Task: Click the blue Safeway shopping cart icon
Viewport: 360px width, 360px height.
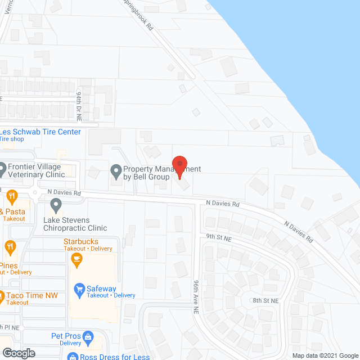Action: [79, 289]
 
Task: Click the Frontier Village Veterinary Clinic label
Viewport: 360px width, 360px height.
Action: [42, 170]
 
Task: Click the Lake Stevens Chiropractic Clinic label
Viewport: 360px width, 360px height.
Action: [75, 224]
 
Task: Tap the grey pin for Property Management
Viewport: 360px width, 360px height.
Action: [116, 169]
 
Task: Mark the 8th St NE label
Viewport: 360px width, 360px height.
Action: [265, 301]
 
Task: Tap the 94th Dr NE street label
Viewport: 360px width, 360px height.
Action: [79, 107]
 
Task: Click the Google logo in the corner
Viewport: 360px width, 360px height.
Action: [18, 353]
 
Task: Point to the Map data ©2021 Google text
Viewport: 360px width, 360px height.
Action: [325, 355]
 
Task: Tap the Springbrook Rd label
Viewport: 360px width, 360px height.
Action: [138, 15]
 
